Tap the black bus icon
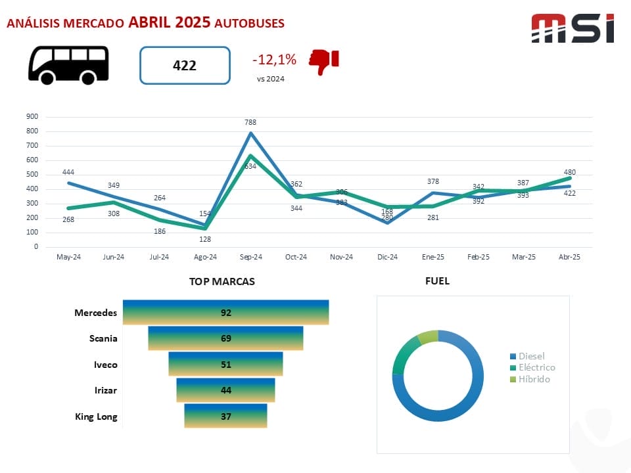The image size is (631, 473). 68,64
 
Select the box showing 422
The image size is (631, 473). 185,65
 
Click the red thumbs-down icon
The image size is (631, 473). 324,62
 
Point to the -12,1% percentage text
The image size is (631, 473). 274,60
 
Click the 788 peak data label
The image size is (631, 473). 250,122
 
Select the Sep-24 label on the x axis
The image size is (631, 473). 250,257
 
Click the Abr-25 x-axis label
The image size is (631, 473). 570,257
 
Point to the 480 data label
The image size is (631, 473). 569,172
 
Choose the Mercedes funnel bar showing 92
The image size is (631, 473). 226,313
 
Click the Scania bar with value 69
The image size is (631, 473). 225,338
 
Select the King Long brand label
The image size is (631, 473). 96,417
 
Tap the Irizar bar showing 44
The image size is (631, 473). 225,390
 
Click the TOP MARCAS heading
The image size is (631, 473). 222,281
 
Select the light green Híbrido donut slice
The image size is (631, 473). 429,336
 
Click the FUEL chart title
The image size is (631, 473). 438,281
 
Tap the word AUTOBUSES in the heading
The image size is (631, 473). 250,23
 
